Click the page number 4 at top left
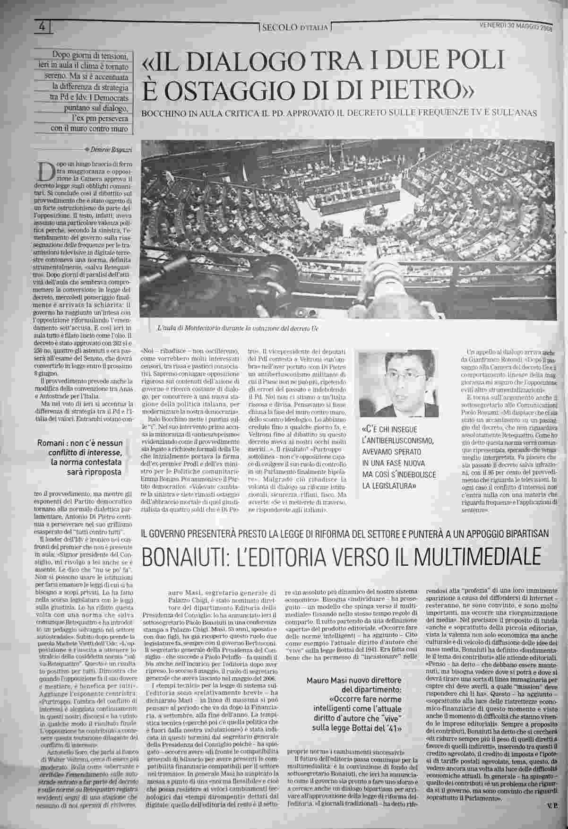(42, 26)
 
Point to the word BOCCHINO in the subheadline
(160, 114)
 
